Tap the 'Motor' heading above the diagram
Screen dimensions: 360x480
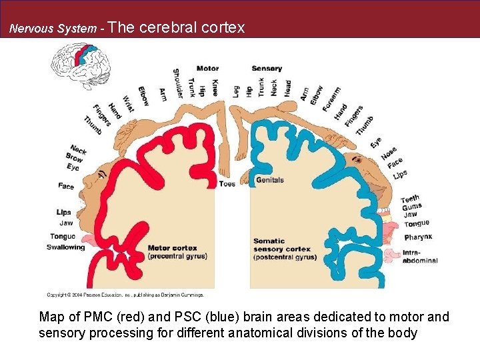(207, 69)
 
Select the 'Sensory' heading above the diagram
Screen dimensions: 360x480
(267, 69)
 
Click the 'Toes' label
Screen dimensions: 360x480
(227, 183)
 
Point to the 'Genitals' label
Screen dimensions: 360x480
(270, 180)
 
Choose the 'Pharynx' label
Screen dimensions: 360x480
(418, 237)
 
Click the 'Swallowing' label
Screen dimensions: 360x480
(66, 247)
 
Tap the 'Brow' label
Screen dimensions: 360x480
(75, 157)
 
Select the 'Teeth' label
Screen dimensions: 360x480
(410, 199)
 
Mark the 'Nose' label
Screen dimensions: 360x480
(389, 154)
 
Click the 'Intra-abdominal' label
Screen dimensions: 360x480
(420, 257)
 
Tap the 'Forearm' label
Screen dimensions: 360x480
(331, 100)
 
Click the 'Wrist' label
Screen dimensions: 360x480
(128, 103)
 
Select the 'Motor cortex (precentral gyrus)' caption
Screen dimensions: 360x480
(177, 252)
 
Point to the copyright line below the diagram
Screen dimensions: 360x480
(125, 294)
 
